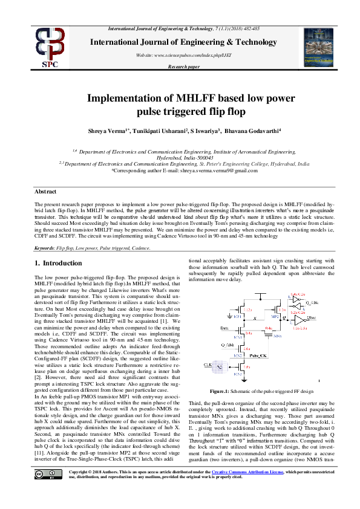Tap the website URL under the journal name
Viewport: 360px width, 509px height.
(x=180, y=54)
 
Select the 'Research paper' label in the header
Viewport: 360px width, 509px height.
(x=183, y=67)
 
